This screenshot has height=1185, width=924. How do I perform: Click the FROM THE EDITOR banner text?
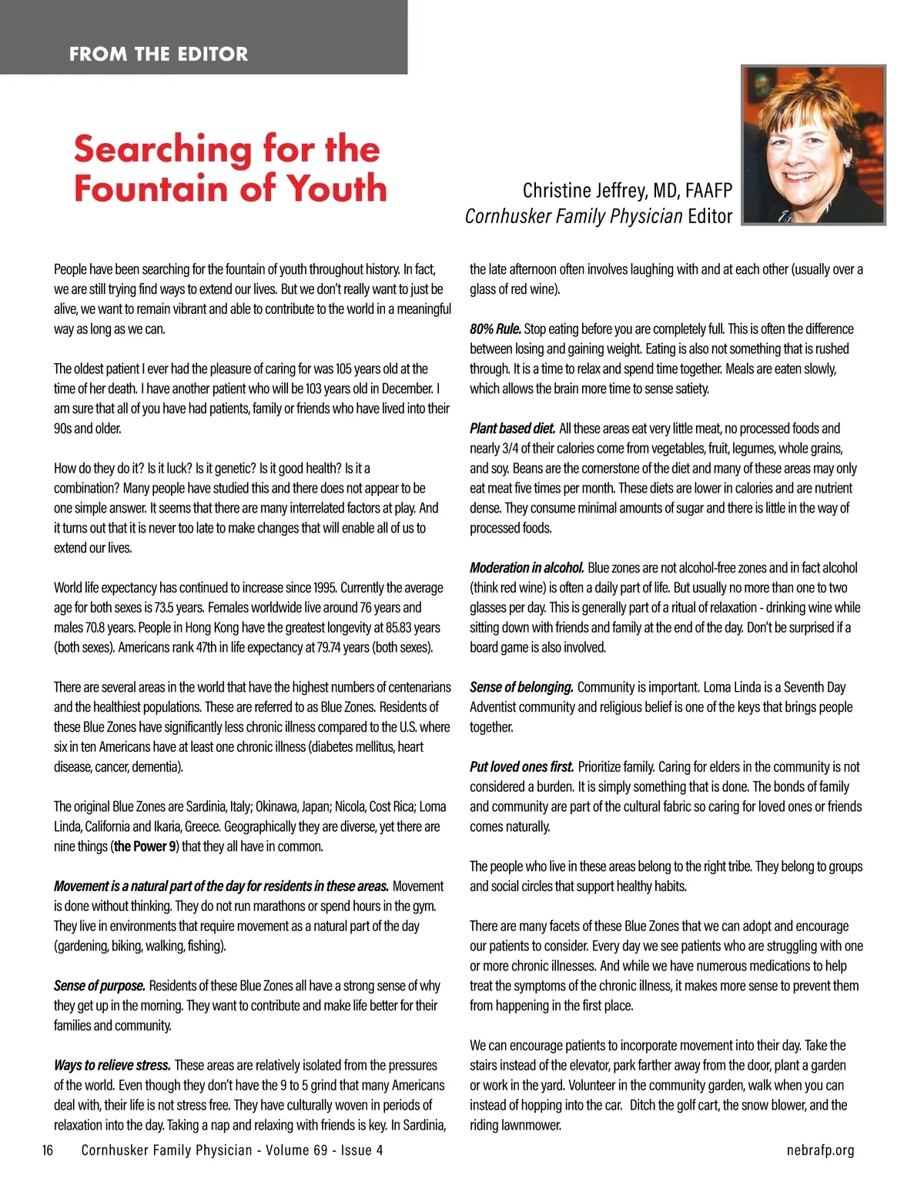click(x=159, y=54)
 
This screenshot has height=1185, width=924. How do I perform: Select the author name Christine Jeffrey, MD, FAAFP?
click(x=627, y=190)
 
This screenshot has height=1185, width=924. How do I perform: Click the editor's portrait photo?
click(x=813, y=145)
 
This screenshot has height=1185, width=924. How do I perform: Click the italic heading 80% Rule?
click(x=495, y=329)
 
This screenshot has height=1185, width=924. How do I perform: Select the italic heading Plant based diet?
click(x=512, y=429)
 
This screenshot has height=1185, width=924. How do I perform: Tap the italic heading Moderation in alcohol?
click(x=527, y=568)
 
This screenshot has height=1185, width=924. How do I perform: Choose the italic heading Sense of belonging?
click(x=521, y=687)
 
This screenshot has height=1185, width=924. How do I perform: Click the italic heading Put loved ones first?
click(x=521, y=766)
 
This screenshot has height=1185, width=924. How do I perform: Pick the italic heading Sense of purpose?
click(x=99, y=986)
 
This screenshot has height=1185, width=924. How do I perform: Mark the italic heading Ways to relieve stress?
click(x=112, y=1065)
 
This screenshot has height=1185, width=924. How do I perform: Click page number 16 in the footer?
click(x=48, y=1150)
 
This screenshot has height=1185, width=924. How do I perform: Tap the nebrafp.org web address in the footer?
click(x=820, y=1150)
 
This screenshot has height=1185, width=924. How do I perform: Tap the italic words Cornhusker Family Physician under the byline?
click(x=574, y=216)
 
